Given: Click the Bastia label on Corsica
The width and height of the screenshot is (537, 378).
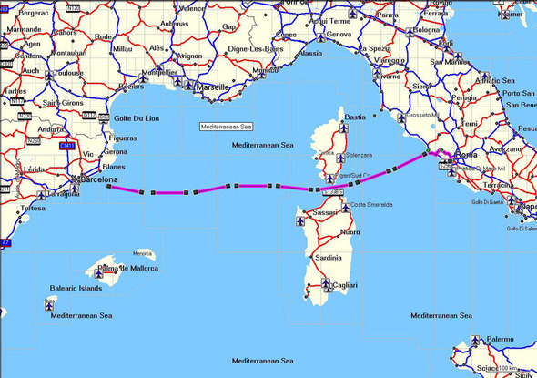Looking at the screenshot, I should tap(355, 117).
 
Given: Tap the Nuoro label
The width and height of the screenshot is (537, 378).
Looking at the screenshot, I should tap(350, 233).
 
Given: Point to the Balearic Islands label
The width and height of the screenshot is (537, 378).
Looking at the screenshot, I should tap(76, 288).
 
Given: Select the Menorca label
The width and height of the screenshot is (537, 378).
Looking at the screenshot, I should tap(142, 253).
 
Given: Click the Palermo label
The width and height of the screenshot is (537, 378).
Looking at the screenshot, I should tap(499, 339).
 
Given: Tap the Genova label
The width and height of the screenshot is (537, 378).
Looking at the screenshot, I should tap(339, 35).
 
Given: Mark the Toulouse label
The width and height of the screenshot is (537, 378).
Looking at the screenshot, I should tap(66, 74).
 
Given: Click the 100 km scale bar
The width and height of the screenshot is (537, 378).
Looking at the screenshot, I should tap(510, 369).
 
